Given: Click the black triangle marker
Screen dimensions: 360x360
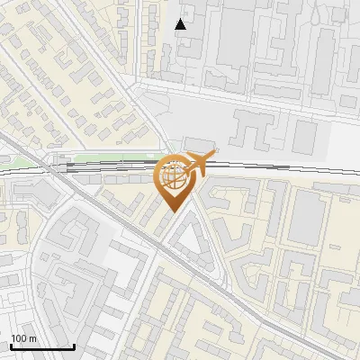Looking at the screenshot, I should coord(181,23).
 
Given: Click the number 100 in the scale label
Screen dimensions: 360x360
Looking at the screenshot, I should coord(20,337).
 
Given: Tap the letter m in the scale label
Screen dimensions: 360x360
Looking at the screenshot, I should coord(32,337).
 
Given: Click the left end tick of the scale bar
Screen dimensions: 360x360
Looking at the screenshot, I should coord(10,346).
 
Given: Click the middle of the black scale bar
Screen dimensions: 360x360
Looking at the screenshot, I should coord(42,347).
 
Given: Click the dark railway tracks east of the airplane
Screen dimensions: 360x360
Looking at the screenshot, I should coord(270,166).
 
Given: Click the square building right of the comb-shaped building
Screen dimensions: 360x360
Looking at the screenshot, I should coord(305,136).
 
